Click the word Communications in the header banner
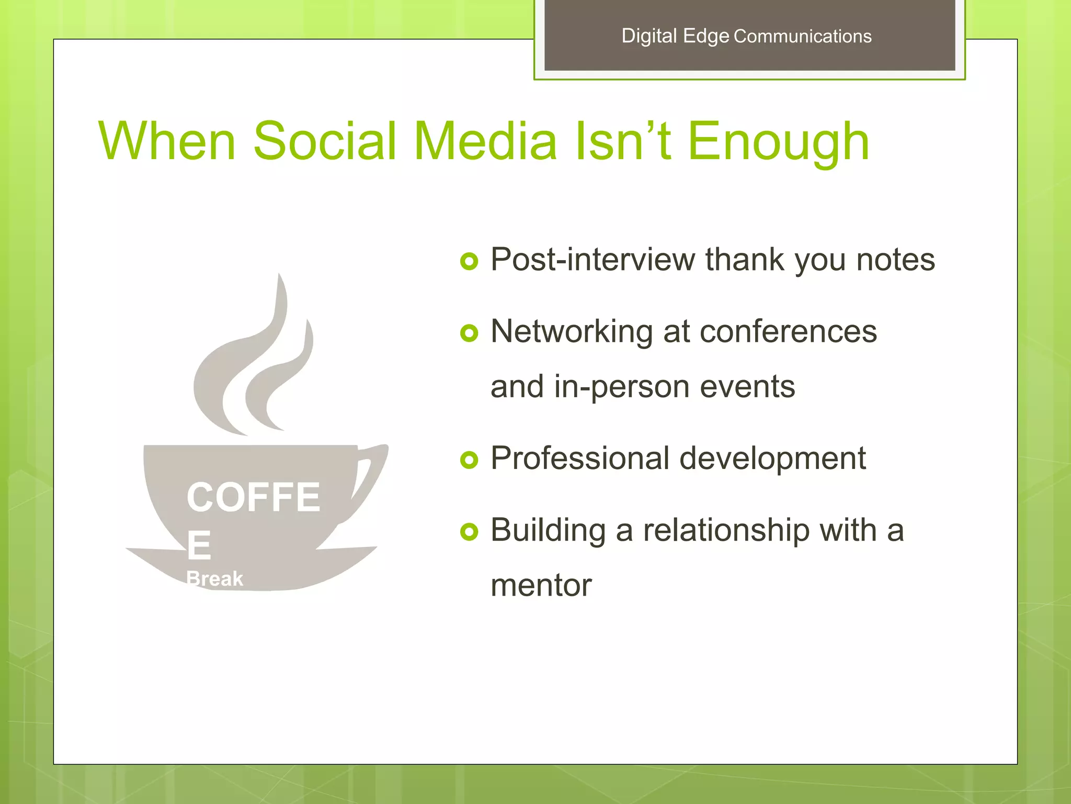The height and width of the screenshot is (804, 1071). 802,36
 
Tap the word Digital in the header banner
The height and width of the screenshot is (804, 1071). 649,36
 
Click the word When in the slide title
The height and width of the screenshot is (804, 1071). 167,141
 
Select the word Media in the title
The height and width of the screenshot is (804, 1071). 486,141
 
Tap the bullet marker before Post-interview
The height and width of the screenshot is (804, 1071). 469,261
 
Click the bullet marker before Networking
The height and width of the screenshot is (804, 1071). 469,332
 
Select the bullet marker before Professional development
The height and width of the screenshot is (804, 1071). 469,460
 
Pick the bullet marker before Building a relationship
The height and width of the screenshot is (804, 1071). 469,532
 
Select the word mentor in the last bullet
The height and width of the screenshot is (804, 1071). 541,585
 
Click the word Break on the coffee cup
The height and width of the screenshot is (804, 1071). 214,579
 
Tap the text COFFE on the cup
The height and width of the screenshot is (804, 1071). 253,497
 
